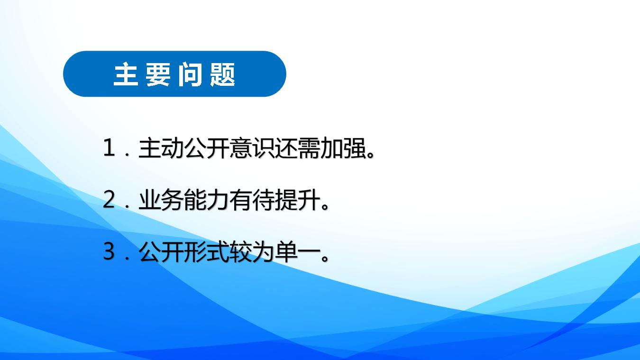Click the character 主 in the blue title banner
(x=126, y=74)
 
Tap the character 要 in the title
(x=158, y=74)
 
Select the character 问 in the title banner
(x=190, y=74)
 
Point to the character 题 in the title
(x=222, y=74)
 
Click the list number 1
(x=110, y=148)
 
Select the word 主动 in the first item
(x=161, y=148)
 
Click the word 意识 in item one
(x=252, y=148)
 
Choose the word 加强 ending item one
(x=343, y=148)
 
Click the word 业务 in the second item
(x=161, y=200)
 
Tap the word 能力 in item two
(x=206, y=200)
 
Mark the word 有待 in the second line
(x=252, y=200)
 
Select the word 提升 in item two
(x=297, y=200)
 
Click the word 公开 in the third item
(x=161, y=252)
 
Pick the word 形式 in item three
(x=206, y=252)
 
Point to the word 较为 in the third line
(x=252, y=252)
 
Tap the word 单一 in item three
(x=297, y=252)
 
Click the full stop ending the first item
(x=370, y=155)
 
